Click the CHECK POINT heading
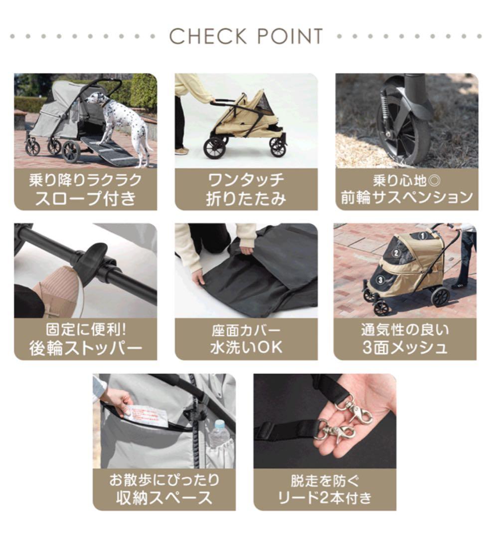click(246, 36)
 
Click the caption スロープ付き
click(85, 198)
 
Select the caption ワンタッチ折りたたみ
click(246, 189)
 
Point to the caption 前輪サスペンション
click(406, 198)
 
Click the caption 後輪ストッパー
click(85, 348)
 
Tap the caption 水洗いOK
click(246, 347)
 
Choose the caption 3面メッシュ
click(405, 347)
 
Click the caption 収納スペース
click(164, 498)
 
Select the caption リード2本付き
click(325, 498)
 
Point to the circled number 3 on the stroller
click(380, 280)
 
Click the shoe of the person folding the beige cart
click(182, 151)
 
